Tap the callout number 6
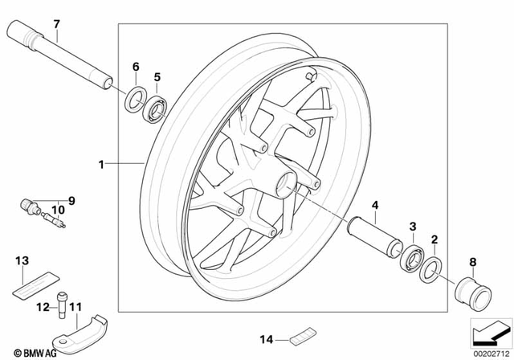point(135,66)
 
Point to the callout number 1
point(101,165)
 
